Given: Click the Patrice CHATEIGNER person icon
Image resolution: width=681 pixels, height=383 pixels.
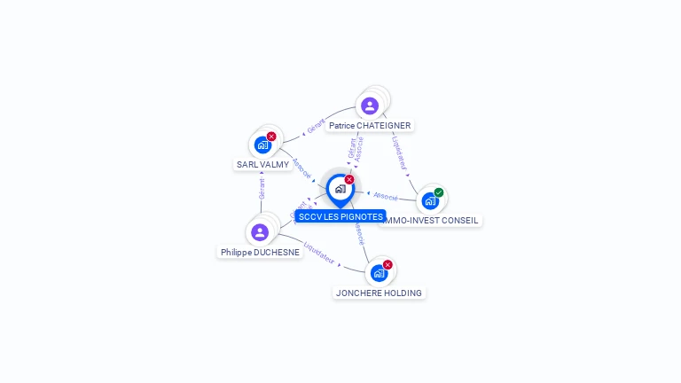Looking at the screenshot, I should (370, 106).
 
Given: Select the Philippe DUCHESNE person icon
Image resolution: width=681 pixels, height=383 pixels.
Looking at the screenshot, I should (260, 232).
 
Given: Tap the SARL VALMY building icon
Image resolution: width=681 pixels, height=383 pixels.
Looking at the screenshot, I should (262, 145).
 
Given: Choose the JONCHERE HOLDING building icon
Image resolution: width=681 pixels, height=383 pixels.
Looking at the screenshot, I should (379, 273).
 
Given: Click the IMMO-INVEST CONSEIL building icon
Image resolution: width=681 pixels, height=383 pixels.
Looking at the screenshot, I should (430, 200).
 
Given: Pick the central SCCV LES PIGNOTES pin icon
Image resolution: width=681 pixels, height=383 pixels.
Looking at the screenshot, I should (340, 189).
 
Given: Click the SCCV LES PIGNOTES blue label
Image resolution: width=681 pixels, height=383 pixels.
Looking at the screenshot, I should (340, 216).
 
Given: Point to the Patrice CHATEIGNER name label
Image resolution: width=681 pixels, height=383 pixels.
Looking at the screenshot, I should (370, 126).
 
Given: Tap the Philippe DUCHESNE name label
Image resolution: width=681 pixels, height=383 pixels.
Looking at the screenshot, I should (261, 252).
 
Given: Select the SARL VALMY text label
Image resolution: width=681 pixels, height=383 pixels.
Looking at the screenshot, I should (263, 164).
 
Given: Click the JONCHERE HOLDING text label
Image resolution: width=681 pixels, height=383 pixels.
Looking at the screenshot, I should (380, 293).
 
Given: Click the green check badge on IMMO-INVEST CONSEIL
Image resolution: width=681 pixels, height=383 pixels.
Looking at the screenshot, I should (439, 192).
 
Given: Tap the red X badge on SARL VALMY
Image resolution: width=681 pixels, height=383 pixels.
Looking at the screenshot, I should (271, 137).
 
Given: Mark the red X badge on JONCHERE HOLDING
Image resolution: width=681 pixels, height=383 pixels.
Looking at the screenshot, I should (387, 265).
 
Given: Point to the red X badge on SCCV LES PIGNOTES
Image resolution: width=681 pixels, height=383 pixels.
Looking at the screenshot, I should (349, 180).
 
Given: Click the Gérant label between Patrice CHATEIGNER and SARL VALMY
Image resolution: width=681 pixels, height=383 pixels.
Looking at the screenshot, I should (316, 126).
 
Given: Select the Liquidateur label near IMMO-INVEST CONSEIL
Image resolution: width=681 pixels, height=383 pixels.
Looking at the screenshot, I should (398, 152).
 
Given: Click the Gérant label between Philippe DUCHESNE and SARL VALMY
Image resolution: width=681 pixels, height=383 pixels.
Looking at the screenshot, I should (262, 189).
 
